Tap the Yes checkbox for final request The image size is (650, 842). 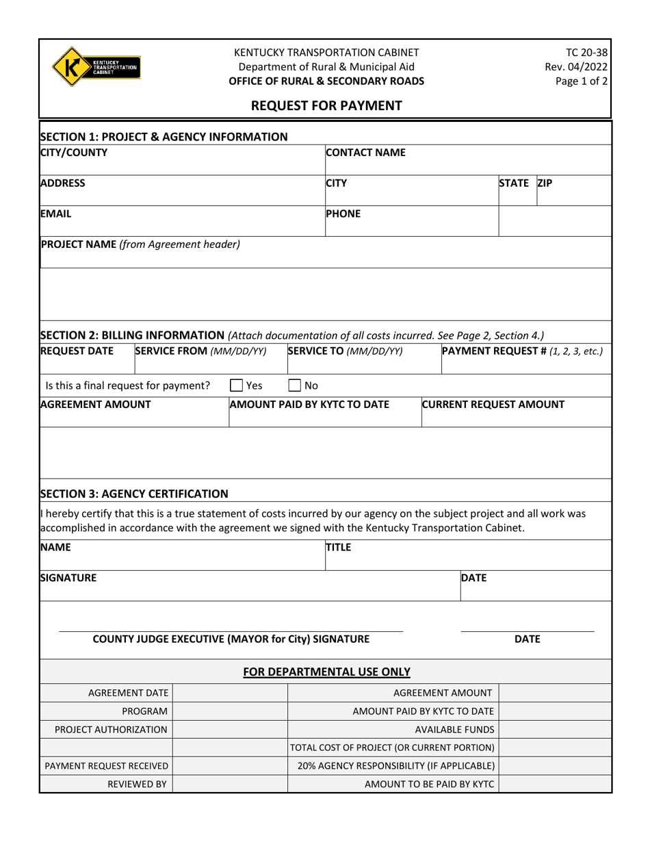236,385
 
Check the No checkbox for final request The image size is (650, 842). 294,385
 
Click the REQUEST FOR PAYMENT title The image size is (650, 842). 325,105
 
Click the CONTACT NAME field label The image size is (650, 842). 365,153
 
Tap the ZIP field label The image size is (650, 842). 545,183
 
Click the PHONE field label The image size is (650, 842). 343,213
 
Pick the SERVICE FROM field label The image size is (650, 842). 200,351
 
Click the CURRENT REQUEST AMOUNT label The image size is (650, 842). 493,404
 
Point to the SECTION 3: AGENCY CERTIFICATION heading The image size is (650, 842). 135,494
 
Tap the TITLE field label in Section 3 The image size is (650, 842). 337,547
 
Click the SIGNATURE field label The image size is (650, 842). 68,578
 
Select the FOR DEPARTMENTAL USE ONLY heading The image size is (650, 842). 327,672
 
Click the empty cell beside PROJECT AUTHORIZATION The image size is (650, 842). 230,730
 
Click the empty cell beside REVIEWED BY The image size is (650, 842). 230,784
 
